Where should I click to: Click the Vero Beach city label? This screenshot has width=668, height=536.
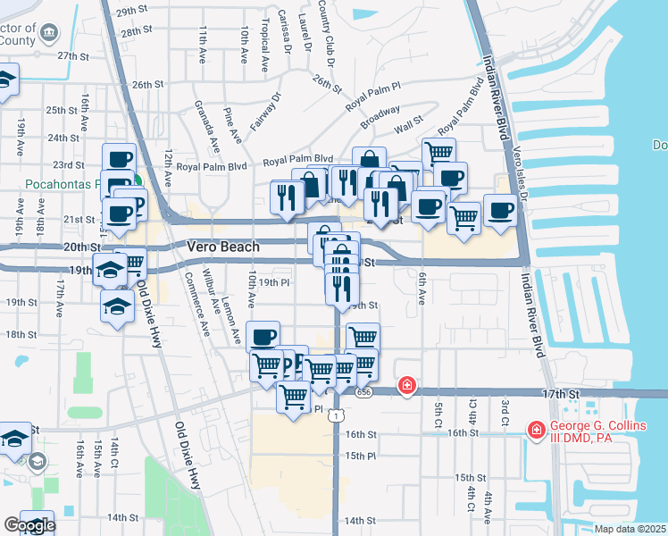223,247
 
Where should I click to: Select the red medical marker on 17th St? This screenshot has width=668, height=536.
406,385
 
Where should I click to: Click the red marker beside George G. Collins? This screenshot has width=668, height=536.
536,431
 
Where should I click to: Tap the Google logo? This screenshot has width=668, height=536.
29,525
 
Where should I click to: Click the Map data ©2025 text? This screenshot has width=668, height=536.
630,529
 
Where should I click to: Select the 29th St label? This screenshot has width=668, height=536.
130,12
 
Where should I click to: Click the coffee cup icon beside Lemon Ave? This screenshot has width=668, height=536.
263,337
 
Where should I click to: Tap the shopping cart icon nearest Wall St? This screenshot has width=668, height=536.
438,153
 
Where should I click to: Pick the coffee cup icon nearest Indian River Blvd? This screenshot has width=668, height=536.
500,210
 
